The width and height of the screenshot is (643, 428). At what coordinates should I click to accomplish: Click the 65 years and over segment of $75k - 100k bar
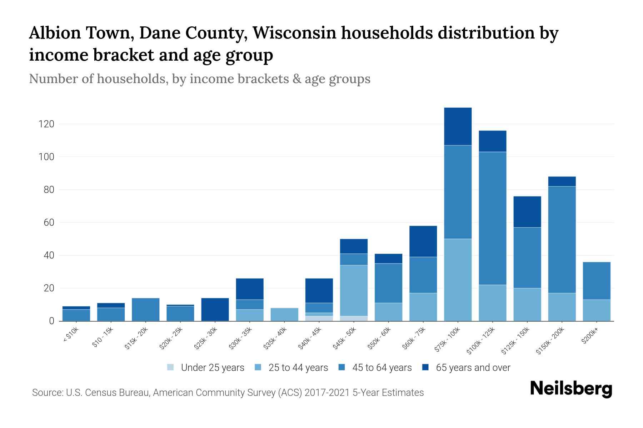pos(458,126)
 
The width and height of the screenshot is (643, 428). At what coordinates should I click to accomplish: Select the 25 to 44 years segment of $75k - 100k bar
pos(458,280)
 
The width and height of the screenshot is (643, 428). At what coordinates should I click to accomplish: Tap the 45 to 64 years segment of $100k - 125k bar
pos(492,218)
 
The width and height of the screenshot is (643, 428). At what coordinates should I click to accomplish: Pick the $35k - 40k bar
pos(284,314)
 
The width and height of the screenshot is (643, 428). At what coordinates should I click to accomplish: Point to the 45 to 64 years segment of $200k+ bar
pos(596,281)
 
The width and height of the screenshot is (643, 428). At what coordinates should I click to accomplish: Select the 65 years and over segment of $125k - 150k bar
pos(527,212)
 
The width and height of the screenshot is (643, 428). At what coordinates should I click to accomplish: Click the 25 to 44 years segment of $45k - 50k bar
pos(354,290)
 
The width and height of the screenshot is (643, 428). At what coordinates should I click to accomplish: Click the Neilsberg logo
pos(571,389)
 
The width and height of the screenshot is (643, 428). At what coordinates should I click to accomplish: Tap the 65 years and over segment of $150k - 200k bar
pos(562,181)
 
